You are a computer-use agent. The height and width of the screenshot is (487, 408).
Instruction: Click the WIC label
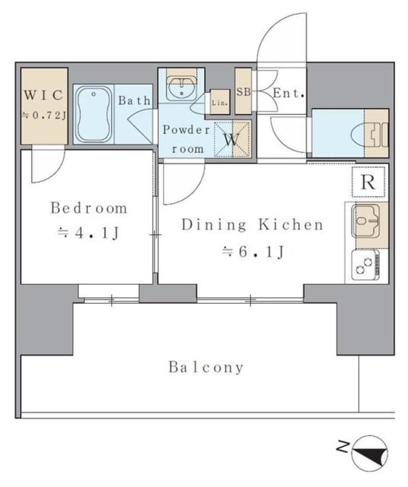(44, 95)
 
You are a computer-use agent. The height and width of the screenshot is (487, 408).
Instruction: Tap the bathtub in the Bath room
(94, 114)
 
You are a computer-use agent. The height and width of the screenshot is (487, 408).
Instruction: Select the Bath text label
(135, 101)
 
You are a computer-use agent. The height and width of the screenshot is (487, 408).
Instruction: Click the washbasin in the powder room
(182, 89)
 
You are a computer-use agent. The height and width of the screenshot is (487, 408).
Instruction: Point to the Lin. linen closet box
(220, 101)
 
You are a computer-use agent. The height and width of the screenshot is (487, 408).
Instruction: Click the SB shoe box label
(243, 92)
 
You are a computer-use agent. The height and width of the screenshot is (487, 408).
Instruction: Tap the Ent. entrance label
(288, 93)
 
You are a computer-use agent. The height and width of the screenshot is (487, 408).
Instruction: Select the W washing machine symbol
(232, 139)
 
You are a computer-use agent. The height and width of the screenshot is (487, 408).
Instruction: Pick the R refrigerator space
(368, 182)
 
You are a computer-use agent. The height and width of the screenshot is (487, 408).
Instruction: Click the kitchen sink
(366, 221)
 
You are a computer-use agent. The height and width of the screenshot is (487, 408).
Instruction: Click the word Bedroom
(89, 208)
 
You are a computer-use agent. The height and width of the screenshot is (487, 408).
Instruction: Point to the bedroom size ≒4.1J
(88, 233)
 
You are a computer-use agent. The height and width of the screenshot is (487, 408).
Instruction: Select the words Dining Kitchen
(252, 225)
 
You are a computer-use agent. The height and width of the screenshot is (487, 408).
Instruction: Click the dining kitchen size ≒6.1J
(252, 251)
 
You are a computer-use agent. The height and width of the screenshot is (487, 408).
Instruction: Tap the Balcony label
(205, 367)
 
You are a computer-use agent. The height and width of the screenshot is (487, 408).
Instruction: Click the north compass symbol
(370, 451)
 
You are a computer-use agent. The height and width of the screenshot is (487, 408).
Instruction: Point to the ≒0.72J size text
(44, 116)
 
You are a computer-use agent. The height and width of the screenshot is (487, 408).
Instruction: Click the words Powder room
(187, 139)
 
